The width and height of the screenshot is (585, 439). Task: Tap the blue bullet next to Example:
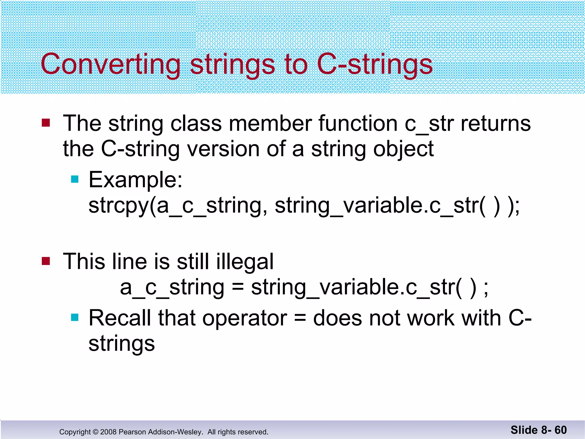click(75, 179)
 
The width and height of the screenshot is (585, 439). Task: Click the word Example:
click(135, 180)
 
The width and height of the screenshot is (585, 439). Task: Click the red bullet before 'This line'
click(46, 261)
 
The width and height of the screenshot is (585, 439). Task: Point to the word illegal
click(245, 262)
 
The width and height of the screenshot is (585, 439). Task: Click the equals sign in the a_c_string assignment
click(238, 287)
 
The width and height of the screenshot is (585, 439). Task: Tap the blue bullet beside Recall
click(75, 317)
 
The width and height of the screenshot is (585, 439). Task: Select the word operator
click(245, 318)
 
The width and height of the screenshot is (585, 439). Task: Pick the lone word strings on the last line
click(122, 344)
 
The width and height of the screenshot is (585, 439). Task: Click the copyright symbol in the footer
click(95, 432)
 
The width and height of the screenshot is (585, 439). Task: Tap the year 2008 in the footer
click(108, 432)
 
